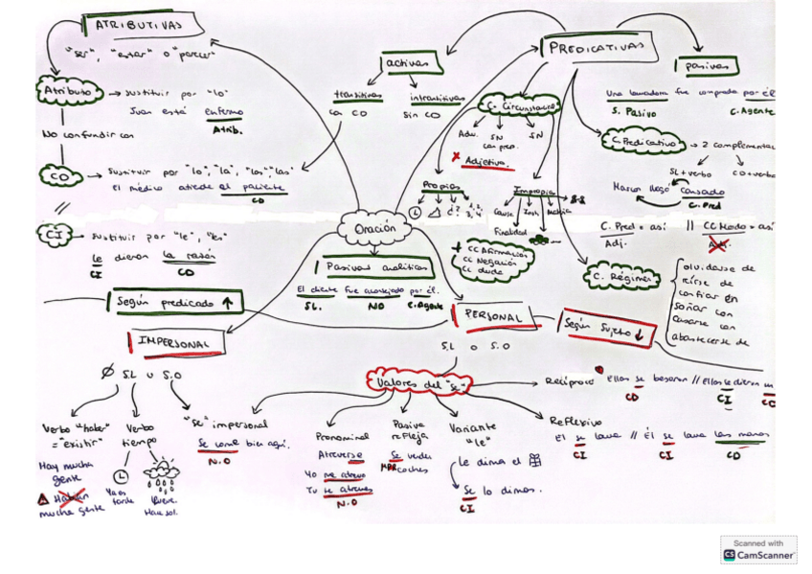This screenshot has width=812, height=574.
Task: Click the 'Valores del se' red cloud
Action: (417, 382)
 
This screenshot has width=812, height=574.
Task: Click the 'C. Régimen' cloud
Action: (622, 278)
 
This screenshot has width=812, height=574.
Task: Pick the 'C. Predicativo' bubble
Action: (641, 143)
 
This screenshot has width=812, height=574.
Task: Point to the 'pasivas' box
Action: (707, 65)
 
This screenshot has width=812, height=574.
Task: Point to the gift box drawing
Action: (534, 461)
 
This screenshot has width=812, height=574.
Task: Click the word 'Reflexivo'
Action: (575, 420)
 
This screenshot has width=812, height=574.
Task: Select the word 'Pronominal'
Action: (342, 435)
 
